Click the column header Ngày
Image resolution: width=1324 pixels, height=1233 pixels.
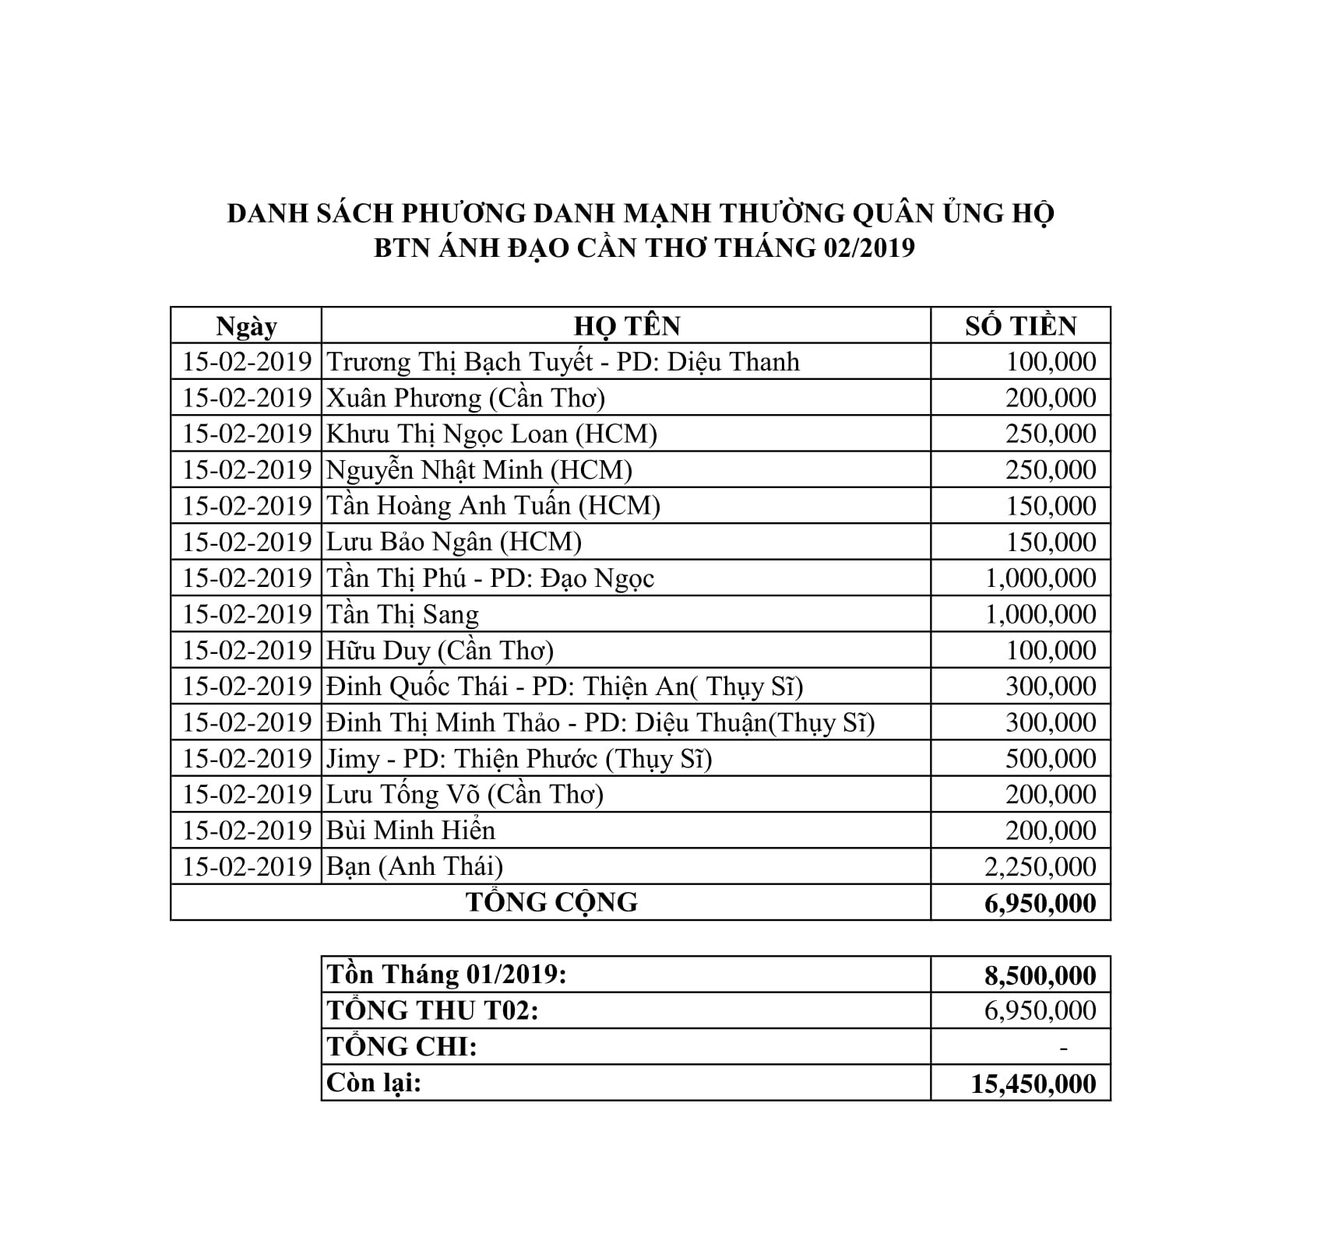tap(246, 325)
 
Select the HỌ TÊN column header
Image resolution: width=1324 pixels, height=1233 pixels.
tap(627, 325)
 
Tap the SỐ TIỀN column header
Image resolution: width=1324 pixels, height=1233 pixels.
tap(1020, 325)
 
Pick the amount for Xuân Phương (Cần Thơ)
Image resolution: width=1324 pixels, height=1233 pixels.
tap(1050, 398)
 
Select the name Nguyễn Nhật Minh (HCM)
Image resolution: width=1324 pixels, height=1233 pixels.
tap(479, 470)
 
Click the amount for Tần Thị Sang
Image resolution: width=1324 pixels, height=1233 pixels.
tap(1041, 614)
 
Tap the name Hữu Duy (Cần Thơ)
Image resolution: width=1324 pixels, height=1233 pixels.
tap(440, 650)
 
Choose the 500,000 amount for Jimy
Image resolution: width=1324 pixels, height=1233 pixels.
tap(1050, 758)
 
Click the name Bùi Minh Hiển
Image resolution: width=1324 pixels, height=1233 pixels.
tap(410, 831)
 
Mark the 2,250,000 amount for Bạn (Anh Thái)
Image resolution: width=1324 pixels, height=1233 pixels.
tap(1041, 866)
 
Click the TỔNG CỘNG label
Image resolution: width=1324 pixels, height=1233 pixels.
tap(551, 902)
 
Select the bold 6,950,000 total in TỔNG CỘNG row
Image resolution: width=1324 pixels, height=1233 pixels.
tap(1041, 903)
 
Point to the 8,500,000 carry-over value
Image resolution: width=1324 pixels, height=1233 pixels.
tap(1041, 975)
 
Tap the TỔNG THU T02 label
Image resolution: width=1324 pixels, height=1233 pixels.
tap(433, 1010)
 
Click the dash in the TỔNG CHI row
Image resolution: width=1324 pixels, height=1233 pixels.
tap(1064, 1047)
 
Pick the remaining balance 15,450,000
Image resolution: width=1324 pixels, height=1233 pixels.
tap(1033, 1084)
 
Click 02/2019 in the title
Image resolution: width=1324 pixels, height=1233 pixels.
tap(865, 248)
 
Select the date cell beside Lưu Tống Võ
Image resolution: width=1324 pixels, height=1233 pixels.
tap(247, 794)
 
